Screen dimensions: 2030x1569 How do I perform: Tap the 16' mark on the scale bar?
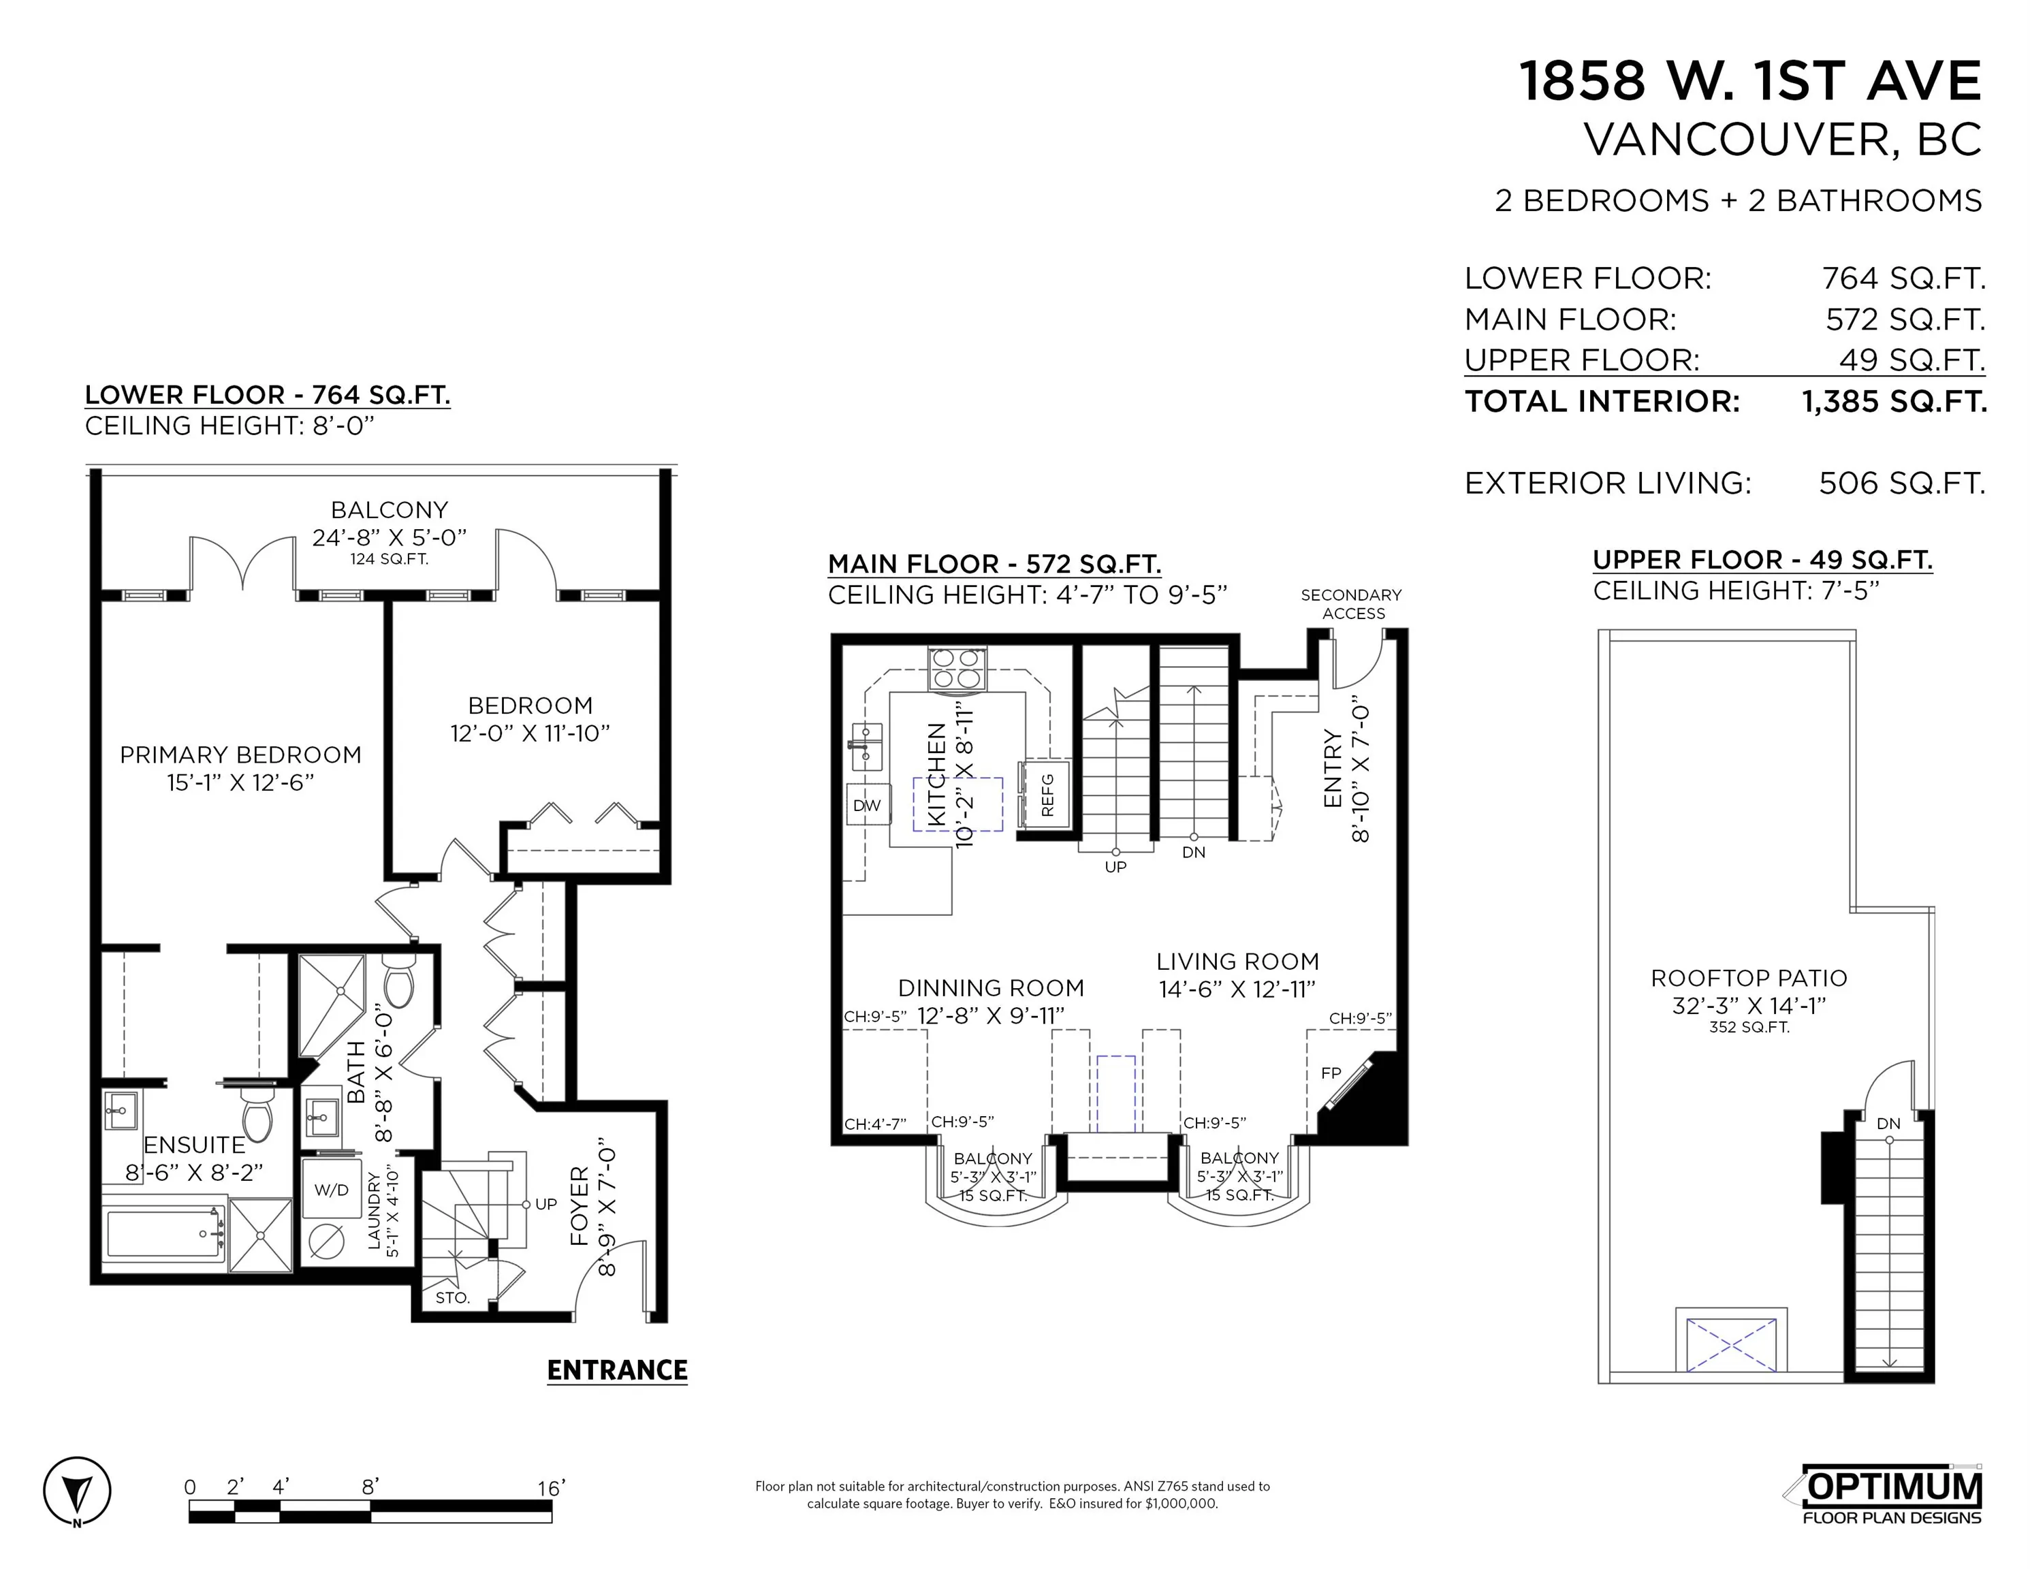551,1488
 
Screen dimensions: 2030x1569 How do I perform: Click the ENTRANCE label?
617,1370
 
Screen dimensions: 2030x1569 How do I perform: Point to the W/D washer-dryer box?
331,1190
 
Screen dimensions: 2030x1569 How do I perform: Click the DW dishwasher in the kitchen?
866,805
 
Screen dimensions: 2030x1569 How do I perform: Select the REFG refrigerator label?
1047,795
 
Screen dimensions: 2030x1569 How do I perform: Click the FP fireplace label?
1331,1073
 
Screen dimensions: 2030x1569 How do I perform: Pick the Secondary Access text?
1352,604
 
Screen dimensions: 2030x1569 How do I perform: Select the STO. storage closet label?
453,1297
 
